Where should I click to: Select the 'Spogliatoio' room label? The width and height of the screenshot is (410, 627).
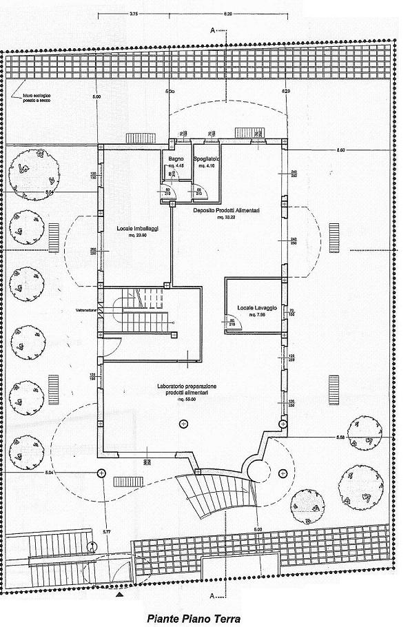[206, 159]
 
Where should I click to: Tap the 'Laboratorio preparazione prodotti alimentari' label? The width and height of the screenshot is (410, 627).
[187, 390]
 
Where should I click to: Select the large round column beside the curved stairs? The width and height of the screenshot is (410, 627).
[259, 471]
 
